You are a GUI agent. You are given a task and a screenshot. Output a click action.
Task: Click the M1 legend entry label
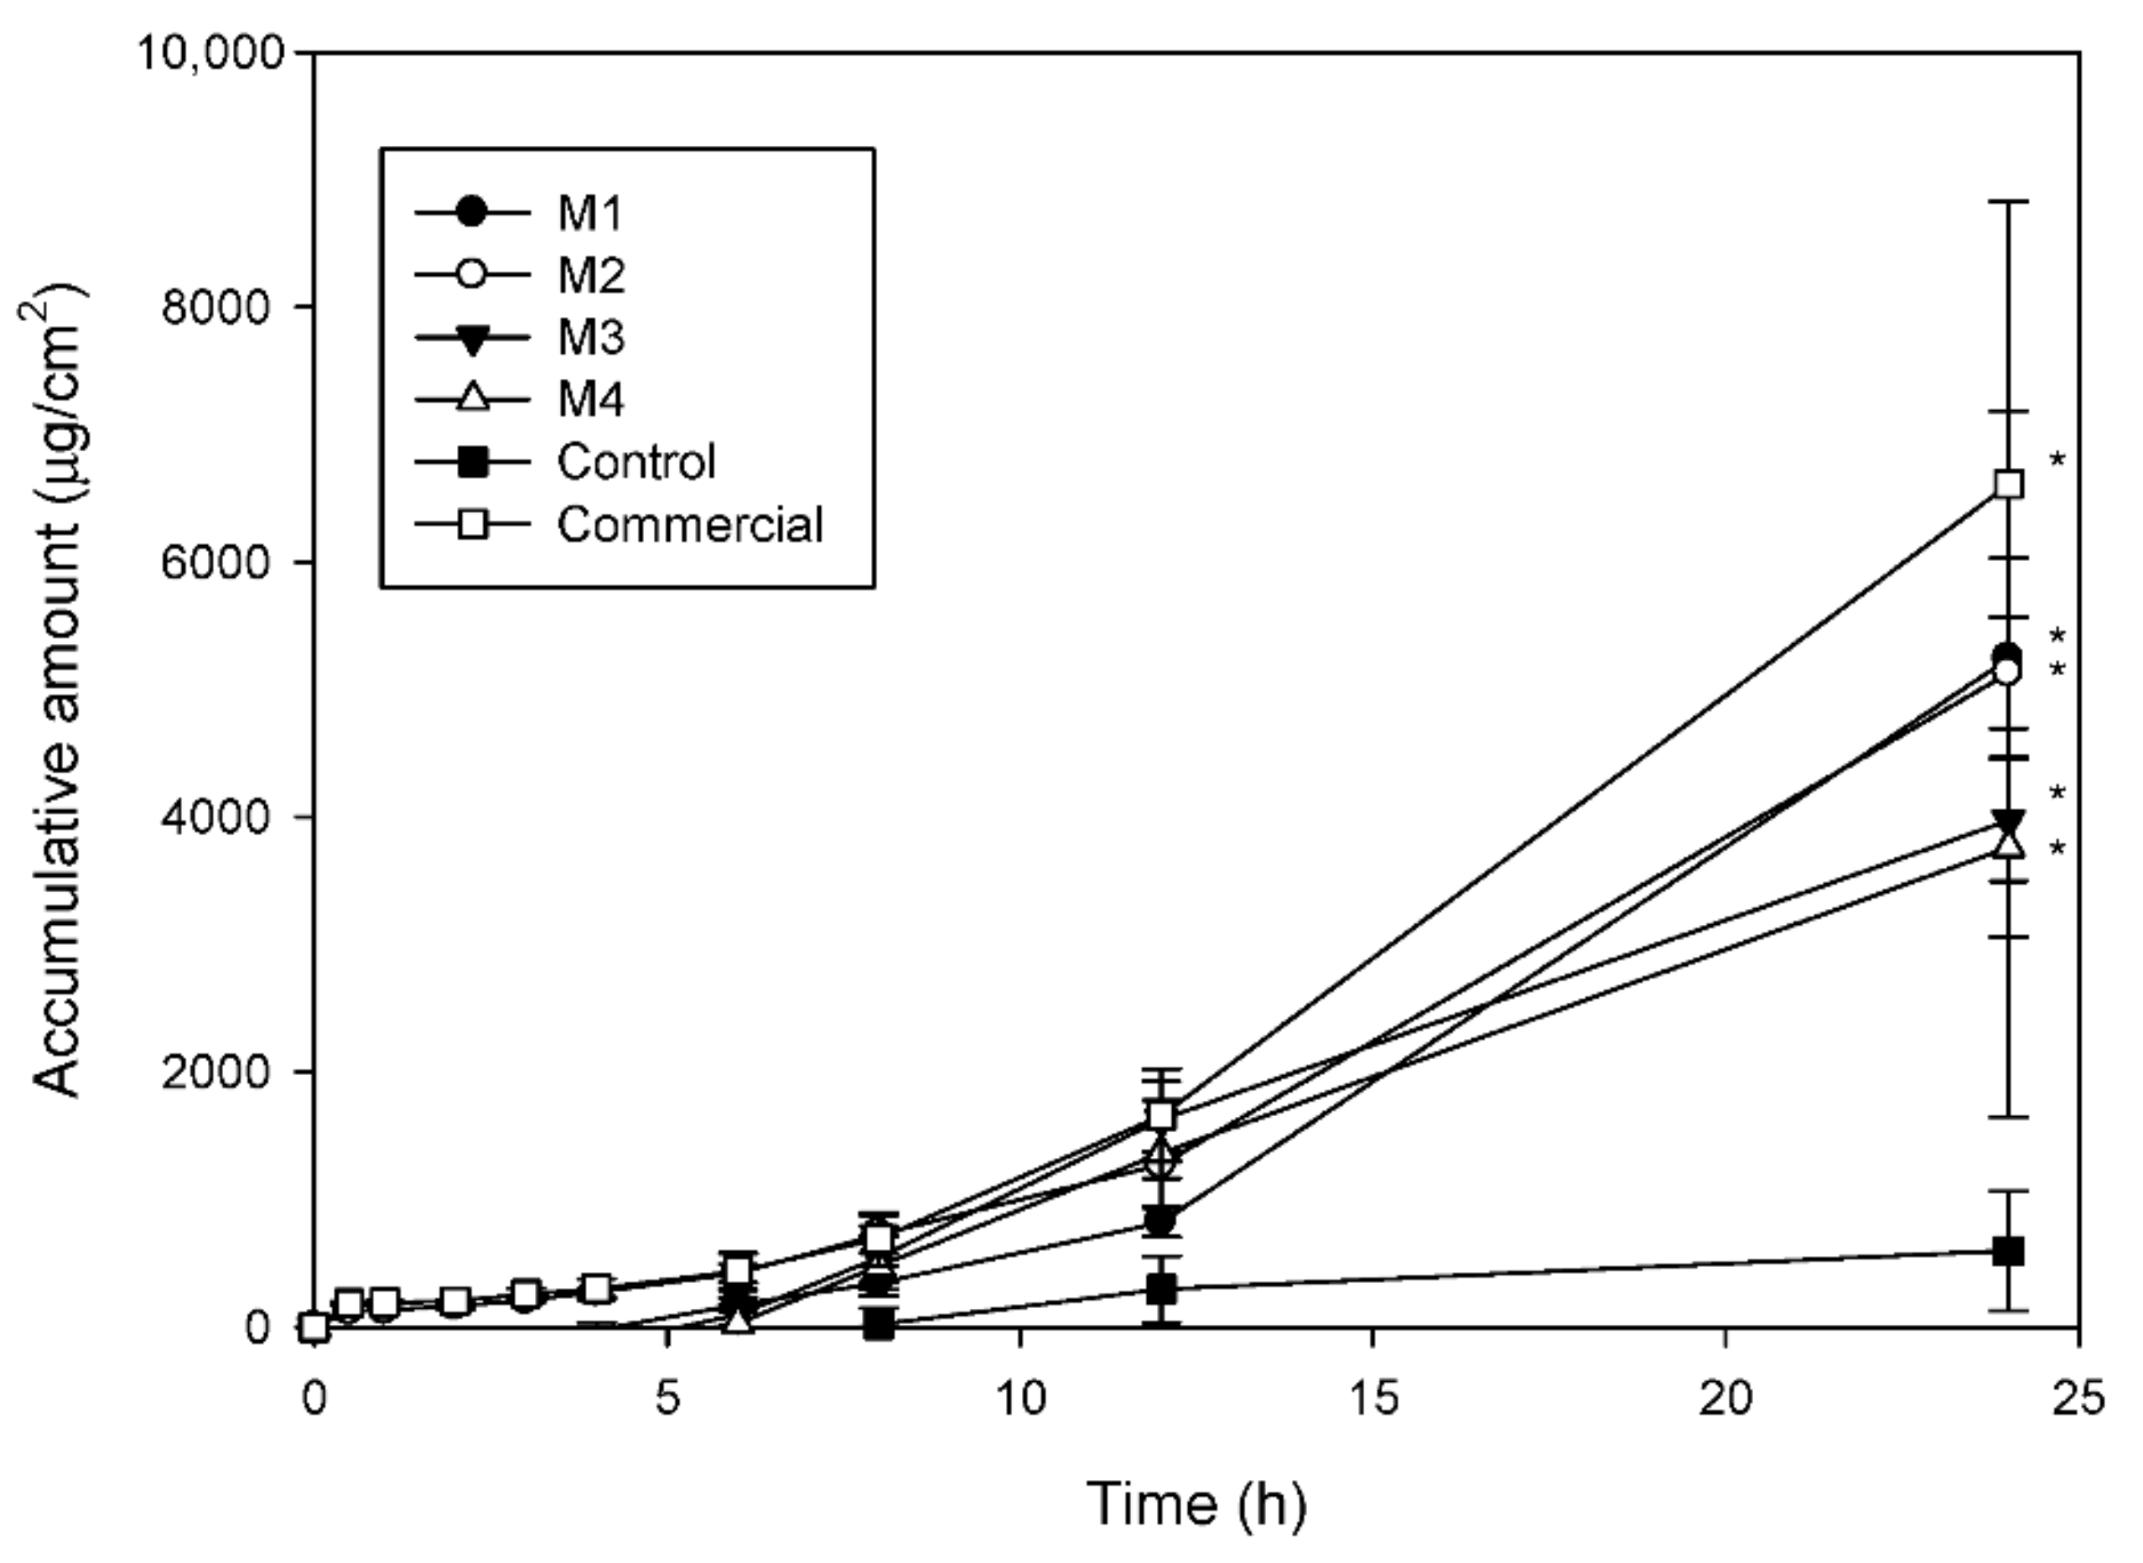click(x=589, y=214)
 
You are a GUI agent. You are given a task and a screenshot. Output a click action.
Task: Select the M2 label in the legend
click(x=590, y=276)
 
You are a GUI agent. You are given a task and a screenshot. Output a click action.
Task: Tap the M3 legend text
click(x=590, y=338)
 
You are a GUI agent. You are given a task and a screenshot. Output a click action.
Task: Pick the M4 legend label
click(x=590, y=400)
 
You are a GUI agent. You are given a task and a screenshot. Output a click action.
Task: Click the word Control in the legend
click(x=636, y=462)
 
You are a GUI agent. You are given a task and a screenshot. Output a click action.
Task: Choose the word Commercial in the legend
click(x=690, y=524)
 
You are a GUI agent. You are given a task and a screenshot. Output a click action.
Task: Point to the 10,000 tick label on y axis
click(x=210, y=53)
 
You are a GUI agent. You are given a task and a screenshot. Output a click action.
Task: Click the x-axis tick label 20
click(x=1725, y=1399)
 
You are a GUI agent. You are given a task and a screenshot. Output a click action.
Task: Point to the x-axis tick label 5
click(x=668, y=1399)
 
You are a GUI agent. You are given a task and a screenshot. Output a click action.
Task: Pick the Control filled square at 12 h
click(x=1162, y=1289)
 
